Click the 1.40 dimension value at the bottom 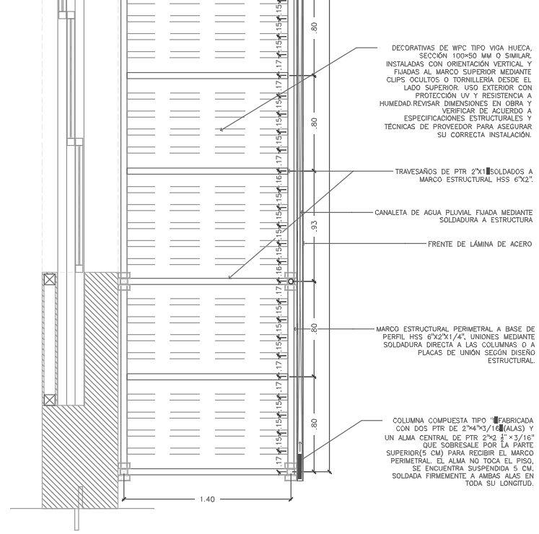pos(207,499)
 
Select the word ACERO pos(520,245)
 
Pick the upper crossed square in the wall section pos(50,279)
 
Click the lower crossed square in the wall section pos(50,399)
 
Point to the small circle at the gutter pos(291,281)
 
